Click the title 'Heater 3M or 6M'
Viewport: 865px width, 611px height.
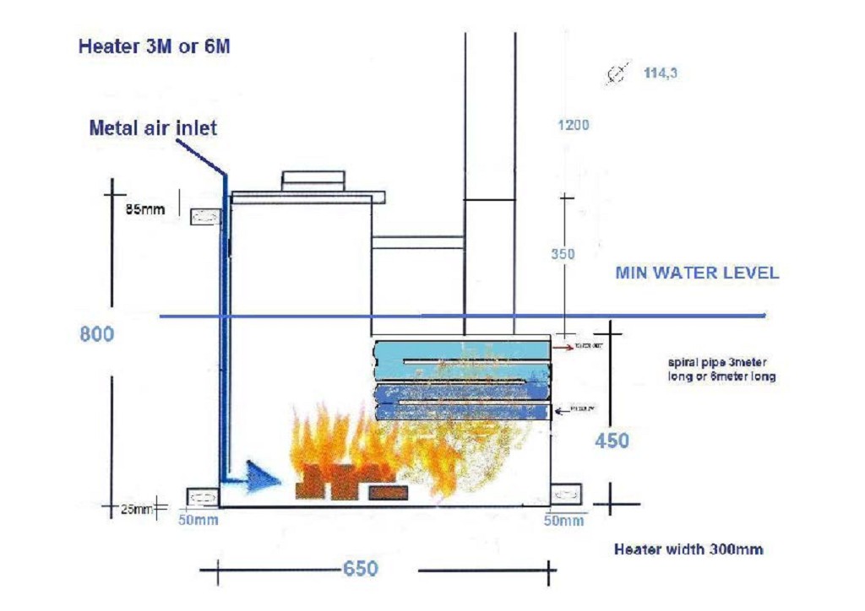(x=154, y=46)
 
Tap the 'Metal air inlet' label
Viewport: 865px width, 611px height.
(x=153, y=128)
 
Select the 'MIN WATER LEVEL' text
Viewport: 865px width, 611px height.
(x=697, y=273)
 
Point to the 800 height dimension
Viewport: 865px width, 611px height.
(x=96, y=334)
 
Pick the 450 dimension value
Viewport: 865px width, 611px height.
(x=612, y=440)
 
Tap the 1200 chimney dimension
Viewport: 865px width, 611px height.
(x=573, y=126)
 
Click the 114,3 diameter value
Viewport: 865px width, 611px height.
(x=661, y=73)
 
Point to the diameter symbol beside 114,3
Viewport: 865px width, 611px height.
(x=618, y=74)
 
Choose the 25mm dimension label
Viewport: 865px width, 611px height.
(x=134, y=508)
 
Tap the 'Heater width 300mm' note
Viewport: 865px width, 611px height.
(x=688, y=549)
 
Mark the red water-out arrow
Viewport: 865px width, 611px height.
(x=561, y=347)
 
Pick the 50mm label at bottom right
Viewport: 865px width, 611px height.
(x=563, y=520)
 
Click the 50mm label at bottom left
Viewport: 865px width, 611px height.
(x=198, y=520)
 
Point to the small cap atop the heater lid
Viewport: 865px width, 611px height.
(x=313, y=180)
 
